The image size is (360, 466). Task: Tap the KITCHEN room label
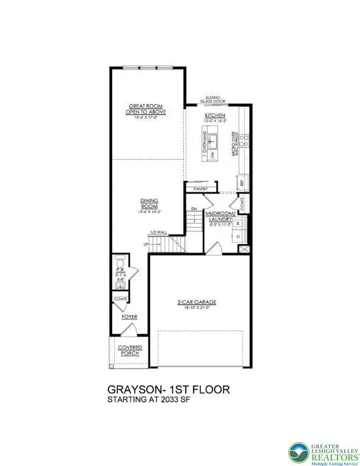(215, 115)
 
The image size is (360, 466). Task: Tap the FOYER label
(129, 317)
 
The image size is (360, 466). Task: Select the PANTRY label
(201, 189)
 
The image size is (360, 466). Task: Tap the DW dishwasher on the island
(213, 155)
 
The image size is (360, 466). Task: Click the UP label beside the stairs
(145, 245)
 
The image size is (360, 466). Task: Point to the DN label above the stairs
(194, 209)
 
